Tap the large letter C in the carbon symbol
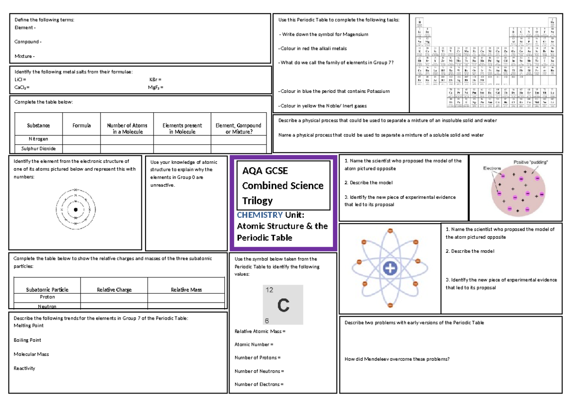point(284,305)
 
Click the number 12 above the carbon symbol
point(269,290)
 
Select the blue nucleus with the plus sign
point(390,268)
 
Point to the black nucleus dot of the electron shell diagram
point(75,210)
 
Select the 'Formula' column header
point(82,125)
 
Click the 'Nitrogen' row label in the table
point(38,139)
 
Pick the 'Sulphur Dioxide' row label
point(38,148)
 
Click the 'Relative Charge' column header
point(114,290)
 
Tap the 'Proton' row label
point(47,297)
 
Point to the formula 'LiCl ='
point(20,80)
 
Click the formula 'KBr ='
point(155,80)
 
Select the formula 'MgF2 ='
point(156,88)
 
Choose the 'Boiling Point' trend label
point(28,340)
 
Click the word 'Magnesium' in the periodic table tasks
point(356,35)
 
